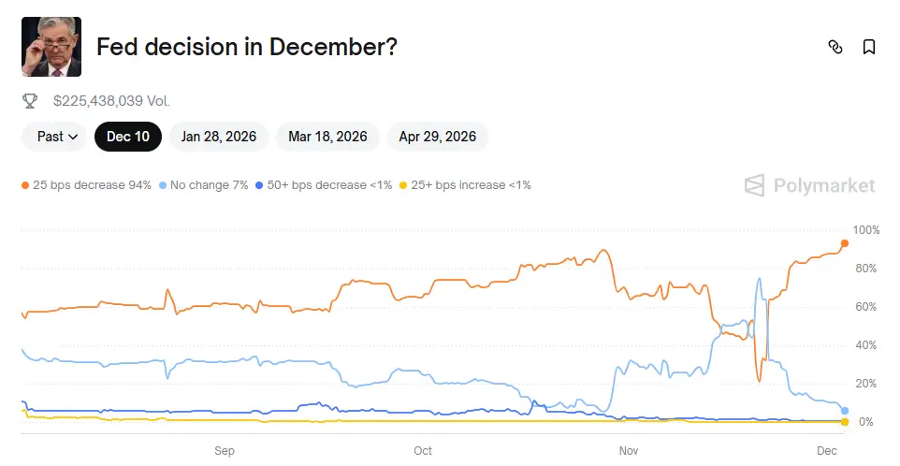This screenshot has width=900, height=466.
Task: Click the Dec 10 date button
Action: [128, 137]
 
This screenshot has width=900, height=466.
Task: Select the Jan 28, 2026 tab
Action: [219, 137]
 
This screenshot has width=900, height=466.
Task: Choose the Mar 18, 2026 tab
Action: [327, 137]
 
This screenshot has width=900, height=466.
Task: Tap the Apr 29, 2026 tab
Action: [438, 137]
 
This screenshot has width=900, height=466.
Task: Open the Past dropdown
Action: [56, 137]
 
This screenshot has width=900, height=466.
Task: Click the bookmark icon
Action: [869, 47]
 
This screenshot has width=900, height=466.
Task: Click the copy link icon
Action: [835, 47]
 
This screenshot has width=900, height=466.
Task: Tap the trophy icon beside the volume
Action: [30, 100]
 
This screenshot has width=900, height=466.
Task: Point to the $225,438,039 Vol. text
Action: [111, 100]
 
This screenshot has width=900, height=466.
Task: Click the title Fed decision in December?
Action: [247, 47]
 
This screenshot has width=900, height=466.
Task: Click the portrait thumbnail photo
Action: [51, 47]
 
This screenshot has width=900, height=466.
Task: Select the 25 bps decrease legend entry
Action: [87, 185]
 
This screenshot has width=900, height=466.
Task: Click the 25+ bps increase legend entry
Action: [465, 185]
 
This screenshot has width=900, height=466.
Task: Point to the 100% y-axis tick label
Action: [866, 230]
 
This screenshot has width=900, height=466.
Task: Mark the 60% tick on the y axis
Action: [866, 307]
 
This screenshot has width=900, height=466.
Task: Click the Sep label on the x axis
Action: [225, 450]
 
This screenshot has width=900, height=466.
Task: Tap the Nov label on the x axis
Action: [629, 450]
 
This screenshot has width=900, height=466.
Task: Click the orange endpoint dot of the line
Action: [845, 243]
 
